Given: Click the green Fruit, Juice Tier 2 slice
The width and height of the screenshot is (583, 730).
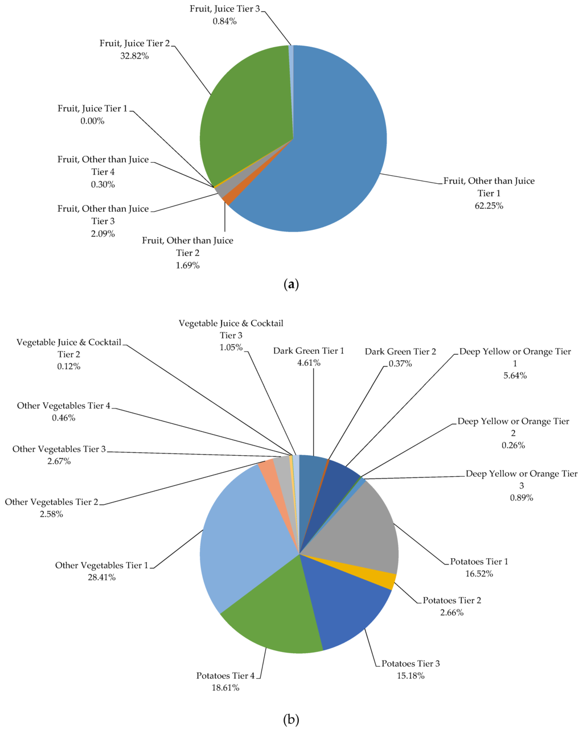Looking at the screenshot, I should point(245,114).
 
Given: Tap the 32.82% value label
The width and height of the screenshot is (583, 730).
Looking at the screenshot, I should point(134,56).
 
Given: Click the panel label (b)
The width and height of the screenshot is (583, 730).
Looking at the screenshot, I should point(291,719).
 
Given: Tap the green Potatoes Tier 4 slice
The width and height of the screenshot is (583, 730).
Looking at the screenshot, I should point(273,614).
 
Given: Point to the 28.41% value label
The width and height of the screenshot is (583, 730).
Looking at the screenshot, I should point(101,578).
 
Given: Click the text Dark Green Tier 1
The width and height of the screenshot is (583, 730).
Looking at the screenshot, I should point(309,351).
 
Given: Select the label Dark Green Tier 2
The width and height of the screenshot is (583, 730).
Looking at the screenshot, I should point(400,352).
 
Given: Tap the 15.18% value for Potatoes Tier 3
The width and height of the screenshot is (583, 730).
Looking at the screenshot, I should point(410,675).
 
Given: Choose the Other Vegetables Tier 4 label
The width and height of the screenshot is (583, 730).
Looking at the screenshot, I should point(64,406).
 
